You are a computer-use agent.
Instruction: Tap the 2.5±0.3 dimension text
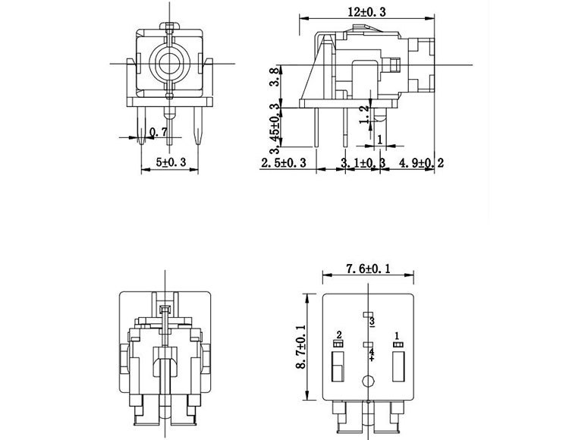point(283,163)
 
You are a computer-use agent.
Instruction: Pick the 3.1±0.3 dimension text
point(363,163)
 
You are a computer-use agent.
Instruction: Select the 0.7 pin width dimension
point(159,132)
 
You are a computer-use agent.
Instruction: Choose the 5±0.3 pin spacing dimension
point(171,162)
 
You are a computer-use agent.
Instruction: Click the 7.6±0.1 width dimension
point(368,269)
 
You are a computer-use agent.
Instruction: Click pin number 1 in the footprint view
point(396,335)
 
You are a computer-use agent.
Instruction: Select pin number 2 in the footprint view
point(339,335)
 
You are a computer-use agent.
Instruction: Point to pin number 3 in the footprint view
point(372,322)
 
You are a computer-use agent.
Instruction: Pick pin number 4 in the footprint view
point(372,353)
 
